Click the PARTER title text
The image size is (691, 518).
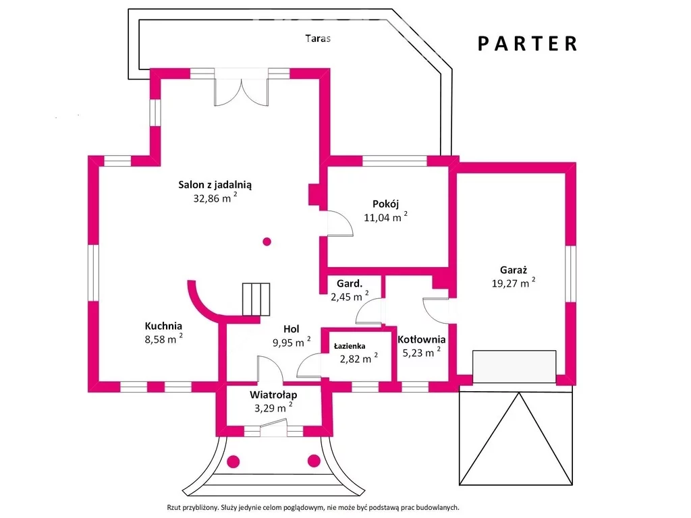[528, 44]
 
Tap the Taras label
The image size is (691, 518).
[318, 38]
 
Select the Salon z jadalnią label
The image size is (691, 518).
[215, 185]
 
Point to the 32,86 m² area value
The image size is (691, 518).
[215, 198]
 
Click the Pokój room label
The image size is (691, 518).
[385, 204]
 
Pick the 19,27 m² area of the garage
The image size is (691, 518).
[514, 283]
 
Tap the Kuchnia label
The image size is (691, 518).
[163, 326]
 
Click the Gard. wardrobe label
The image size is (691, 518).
[350, 284]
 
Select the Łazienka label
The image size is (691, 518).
[350, 346]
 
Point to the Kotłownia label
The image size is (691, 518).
[421, 340]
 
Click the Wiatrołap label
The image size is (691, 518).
[273, 395]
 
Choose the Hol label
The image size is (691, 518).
[292, 329]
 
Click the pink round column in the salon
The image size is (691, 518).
[267, 241]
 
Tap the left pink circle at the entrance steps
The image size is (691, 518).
[233, 461]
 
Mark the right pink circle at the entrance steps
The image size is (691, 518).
[314, 461]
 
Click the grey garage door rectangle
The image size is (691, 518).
[514, 366]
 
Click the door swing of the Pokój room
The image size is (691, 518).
[340, 224]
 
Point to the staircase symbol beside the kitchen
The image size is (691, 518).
[256, 299]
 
